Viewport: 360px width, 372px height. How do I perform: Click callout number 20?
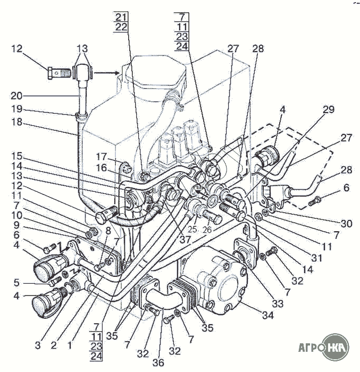coord(16,96)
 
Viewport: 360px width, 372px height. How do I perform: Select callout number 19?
coord(16,109)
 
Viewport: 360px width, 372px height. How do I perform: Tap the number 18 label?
coord(16,122)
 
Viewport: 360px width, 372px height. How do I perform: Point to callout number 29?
coord(329,109)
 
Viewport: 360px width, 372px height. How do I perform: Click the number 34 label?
coord(268,315)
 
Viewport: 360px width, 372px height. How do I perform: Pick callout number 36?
coord(158,362)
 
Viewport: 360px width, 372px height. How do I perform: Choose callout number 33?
coord(278,303)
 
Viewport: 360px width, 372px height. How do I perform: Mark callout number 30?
coord(346,224)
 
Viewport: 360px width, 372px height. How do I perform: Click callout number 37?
coord(185,240)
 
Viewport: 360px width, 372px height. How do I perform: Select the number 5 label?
coord(16,283)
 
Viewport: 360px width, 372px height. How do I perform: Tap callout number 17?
coord(102,157)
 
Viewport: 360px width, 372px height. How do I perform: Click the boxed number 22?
coord(121,27)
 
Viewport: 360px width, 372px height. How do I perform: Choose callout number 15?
coord(16,156)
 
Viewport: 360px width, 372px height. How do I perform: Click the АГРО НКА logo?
coord(324,348)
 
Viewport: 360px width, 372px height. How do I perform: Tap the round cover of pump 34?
coord(228,291)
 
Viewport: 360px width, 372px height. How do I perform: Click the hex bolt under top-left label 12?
coord(58,73)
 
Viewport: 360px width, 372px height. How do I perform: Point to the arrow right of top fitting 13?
coord(107,73)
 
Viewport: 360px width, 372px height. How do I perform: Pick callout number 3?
coord(38,345)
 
